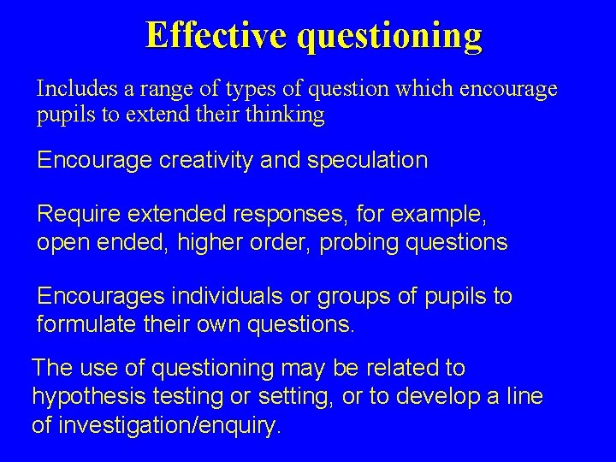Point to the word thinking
284,115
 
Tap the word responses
293,214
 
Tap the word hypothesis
85,398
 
